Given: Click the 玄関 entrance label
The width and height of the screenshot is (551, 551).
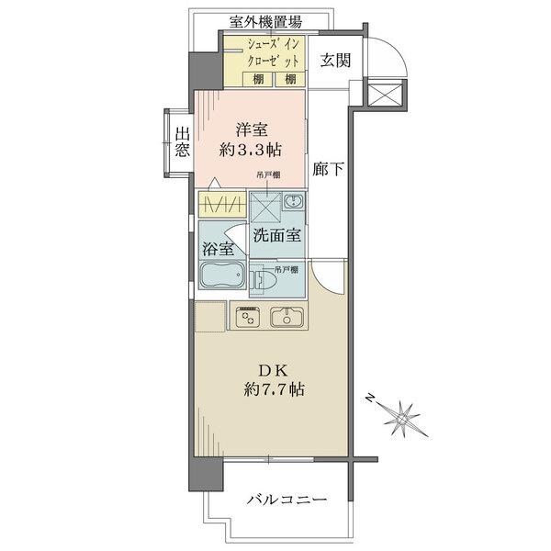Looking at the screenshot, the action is [335, 60].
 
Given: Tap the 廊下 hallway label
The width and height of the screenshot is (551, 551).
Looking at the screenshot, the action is [328, 169].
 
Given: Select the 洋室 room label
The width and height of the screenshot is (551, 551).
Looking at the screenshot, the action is [252, 129].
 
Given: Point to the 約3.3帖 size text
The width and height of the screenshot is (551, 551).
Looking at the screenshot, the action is [250, 150].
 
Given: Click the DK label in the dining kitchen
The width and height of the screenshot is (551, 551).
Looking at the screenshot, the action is [273, 370].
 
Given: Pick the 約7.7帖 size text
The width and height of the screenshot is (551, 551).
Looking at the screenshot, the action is [274, 389].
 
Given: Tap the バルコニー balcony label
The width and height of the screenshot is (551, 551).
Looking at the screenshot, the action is [287, 500].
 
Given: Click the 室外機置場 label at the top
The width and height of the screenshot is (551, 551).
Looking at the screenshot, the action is [265, 22].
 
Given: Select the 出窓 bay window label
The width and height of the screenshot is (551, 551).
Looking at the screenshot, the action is [183, 142].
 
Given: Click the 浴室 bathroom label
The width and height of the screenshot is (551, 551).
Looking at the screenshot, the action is [218, 249].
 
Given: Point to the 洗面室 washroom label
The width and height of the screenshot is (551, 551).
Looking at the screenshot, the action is [277, 235].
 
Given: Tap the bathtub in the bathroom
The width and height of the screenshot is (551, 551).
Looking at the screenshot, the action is [222, 275].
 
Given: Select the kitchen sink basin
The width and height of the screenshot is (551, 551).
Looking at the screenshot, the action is [287, 317].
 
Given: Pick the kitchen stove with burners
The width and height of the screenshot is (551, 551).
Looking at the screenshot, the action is [247, 317].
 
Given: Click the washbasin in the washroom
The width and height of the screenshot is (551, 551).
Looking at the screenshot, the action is [293, 201].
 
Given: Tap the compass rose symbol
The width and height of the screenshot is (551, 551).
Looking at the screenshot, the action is [400, 417].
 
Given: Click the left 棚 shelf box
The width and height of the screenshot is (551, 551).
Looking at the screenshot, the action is [258, 79].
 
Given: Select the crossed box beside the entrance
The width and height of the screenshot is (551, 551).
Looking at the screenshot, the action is [385, 93].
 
